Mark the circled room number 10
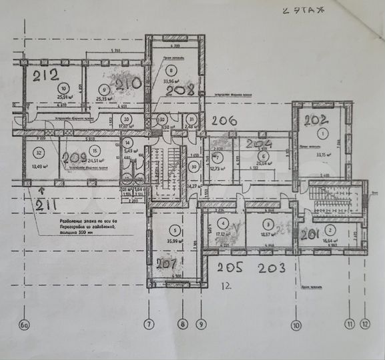click(63, 88)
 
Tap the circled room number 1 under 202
click(324, 134)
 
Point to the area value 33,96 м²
click(173, 83)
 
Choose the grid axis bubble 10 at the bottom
click(295, 325)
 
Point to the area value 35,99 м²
click(172, 241)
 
